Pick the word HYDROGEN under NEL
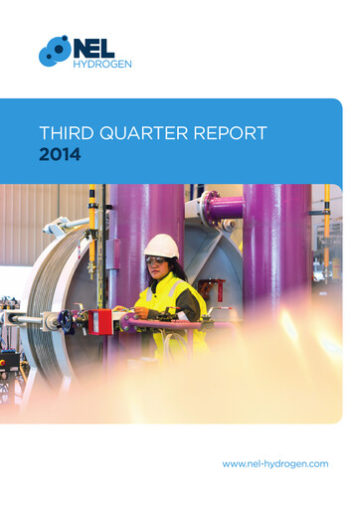pos(103,65)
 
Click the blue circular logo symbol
pos(55,51)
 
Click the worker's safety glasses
pos(157,260)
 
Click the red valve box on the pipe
pos(101,321)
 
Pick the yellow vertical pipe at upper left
pos(92,214)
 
